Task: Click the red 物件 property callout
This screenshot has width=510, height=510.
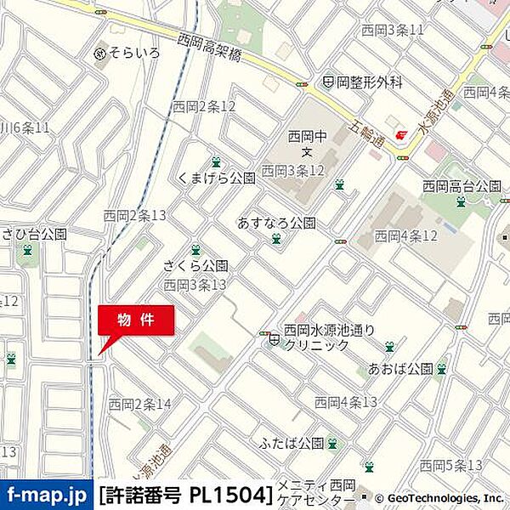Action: [x=136, y=320]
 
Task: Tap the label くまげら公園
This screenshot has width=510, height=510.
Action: [x=217, y=178]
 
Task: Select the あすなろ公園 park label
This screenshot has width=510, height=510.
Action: [x=276, y=224]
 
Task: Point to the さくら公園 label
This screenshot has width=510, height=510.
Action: [x=195, y=266]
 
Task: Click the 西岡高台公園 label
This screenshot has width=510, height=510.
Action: [x=462, y=185]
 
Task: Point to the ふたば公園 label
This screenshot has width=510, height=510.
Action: [x=293, y=443]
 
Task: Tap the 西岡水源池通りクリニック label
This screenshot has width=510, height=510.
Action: [x=328, y=337]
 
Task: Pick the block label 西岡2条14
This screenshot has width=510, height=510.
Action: [x=140, y=403]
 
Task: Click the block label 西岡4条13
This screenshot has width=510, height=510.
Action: [x=346, y=401]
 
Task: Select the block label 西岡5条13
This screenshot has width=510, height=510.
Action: [x=451, y=465]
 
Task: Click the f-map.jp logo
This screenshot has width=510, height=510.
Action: [x=47, y=494]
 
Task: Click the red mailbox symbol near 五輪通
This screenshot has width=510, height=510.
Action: [x=402, y=134]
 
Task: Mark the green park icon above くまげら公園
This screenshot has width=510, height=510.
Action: [x=216, y=161]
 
